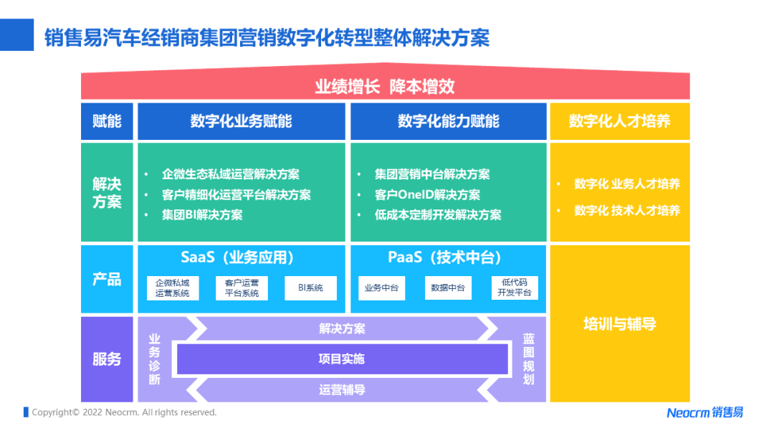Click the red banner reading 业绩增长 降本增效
[385, 87]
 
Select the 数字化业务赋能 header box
[241, 121]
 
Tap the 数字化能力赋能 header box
[448, 121]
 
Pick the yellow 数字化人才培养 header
[619, 121]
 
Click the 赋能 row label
[107, 121]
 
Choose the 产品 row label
[107, 279]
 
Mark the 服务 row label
[107, 359]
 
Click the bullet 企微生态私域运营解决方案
[231, 174]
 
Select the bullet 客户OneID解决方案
[427, 194]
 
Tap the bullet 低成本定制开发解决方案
[438, 214]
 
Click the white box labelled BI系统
[310, 288]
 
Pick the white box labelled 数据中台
[448, 288]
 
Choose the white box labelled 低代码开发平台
[515, 288]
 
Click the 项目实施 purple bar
[342, 359]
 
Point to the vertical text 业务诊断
[154, 359]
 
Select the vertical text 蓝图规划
[528, 359]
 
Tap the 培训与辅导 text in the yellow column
[619, 324]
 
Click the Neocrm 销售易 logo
[704, 412]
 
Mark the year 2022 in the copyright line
[94, 412]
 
